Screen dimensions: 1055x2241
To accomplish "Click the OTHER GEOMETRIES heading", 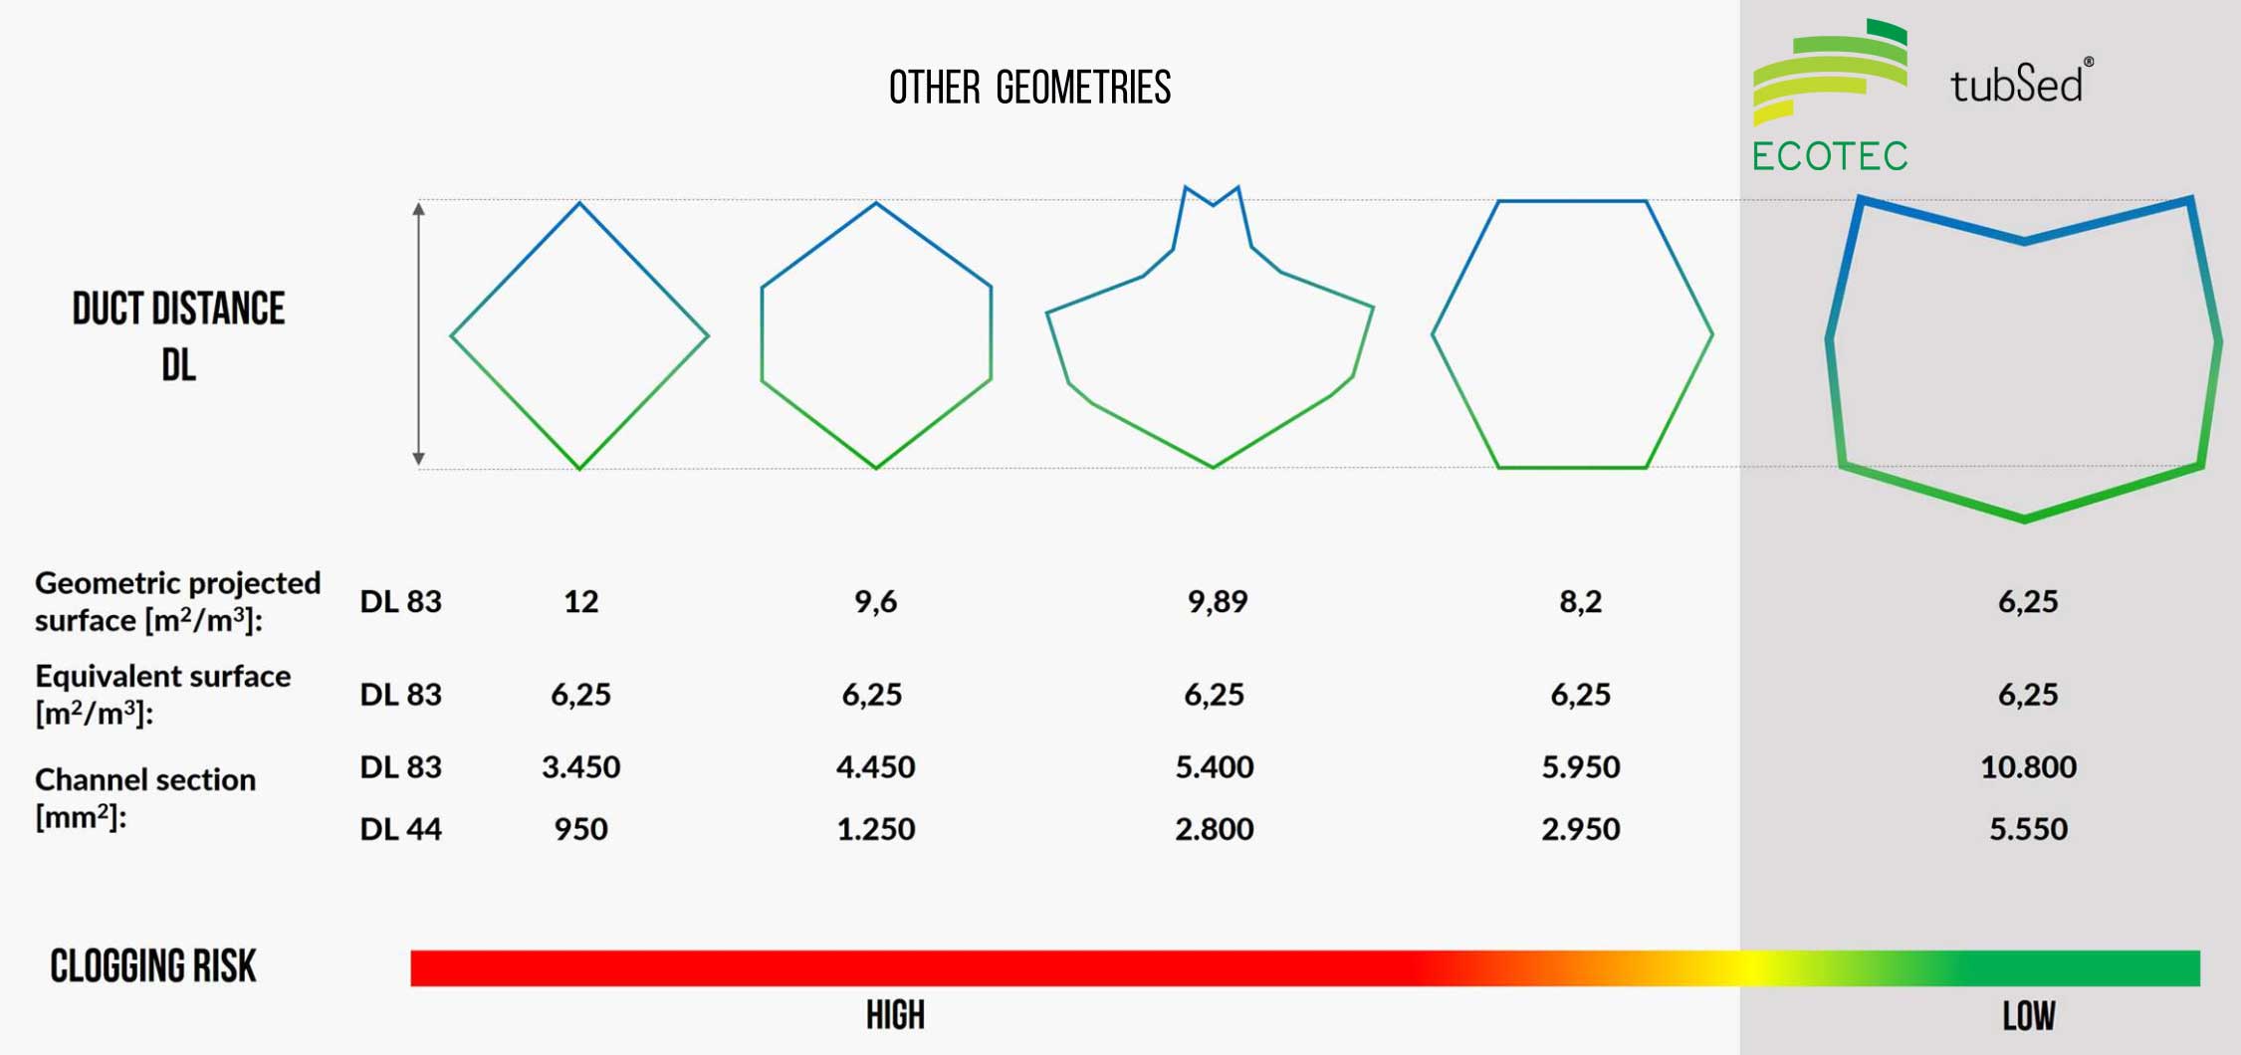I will point(1029,88).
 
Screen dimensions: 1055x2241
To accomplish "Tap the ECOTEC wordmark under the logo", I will point(1830,156).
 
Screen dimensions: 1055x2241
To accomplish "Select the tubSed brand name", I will point(2017,84).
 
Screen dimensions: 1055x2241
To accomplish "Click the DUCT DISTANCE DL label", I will point(178,335).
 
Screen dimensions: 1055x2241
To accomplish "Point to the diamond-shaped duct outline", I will point(579,335).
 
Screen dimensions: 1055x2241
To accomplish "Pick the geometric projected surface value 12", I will point(580,601).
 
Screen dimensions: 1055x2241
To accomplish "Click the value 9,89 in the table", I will point(1217,601).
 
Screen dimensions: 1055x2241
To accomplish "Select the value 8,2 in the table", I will point(1580,601).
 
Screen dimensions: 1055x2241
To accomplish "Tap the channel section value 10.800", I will point(2028,766).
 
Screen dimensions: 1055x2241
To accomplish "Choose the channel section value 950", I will point(580,828).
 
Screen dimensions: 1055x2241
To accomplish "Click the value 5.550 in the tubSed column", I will point(2028,828).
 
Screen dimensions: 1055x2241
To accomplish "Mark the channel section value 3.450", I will point(580,766).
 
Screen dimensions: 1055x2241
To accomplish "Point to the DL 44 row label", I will point(400,828).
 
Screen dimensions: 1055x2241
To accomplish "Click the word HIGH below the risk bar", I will point(895,1015).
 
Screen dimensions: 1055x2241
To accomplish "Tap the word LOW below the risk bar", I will point(2028,1015).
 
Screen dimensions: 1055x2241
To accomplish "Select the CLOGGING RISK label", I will point(153,965).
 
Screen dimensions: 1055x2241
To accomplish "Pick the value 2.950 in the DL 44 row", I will point(1580,828).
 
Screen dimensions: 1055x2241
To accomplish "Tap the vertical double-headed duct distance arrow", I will point(419,333).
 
